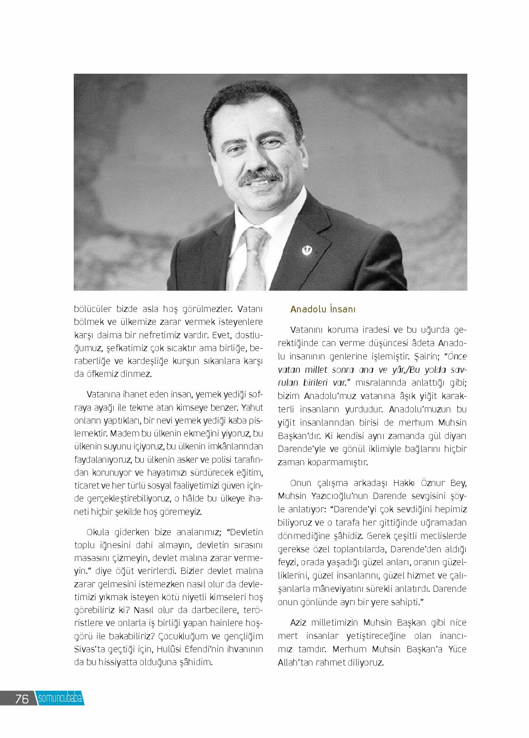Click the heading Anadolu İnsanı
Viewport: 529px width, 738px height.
(323, 309)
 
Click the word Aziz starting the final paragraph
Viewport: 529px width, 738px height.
(300, 623)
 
